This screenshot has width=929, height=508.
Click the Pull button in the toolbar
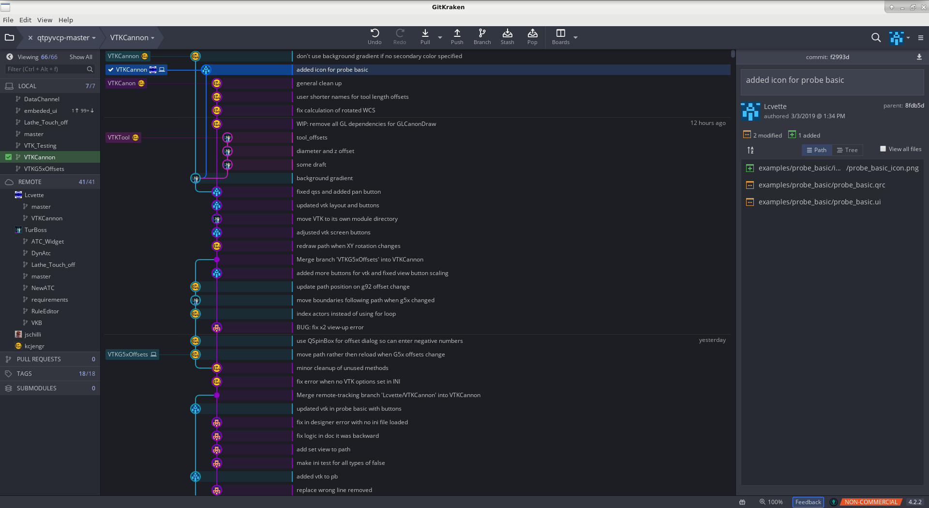[425, 37]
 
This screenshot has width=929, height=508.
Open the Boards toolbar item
[560, 37]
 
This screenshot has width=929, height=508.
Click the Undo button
[375, 37]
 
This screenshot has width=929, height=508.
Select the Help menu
[66, 20]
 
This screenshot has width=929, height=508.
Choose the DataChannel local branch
[42, 99]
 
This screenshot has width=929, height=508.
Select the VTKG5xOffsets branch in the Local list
[44, 169]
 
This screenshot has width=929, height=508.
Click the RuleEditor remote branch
[45, 311]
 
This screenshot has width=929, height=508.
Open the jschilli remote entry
[33, 335]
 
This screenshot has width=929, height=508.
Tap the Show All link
[81, 57]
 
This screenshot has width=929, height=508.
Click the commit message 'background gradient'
[325, 178]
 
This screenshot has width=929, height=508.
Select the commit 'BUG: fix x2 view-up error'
[330, 327]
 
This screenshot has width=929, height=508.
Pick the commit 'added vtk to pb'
[317, 477]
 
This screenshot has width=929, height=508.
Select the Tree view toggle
[848, 150]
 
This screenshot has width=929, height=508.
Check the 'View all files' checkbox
[883, 149]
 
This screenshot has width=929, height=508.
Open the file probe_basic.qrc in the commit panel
[822, 185]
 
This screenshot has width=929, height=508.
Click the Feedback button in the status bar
[808, 502]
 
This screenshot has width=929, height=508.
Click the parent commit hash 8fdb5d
[914, 106]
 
